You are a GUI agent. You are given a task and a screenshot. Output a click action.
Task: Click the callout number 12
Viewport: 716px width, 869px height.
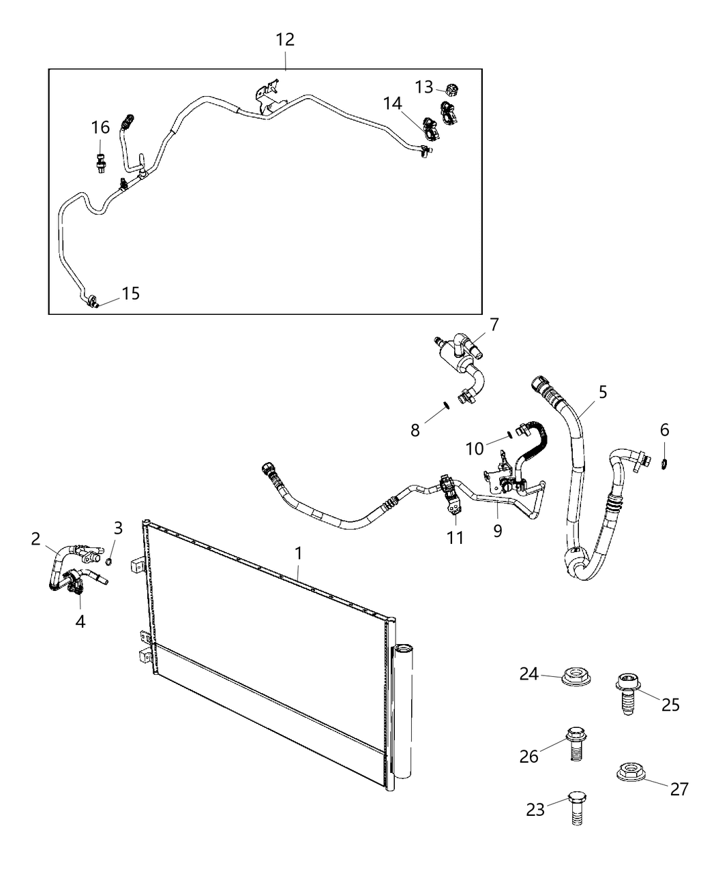285,40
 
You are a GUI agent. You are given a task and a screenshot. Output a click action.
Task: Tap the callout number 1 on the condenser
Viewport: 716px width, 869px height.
298,553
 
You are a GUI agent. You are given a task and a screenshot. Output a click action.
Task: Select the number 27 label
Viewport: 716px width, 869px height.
679,789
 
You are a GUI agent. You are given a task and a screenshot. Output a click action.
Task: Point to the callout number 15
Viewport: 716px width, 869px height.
130,293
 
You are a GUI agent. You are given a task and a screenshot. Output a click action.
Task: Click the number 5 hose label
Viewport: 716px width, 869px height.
602,392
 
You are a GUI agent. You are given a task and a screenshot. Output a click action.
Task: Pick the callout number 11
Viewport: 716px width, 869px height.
455,538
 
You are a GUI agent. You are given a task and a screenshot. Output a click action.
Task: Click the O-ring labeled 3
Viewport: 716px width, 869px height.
110,562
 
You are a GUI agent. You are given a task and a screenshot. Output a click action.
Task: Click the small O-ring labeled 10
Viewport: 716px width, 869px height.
509,433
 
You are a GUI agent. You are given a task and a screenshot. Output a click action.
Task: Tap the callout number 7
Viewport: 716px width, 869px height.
494,324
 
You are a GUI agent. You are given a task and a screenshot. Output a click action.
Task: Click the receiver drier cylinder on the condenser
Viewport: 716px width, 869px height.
403,716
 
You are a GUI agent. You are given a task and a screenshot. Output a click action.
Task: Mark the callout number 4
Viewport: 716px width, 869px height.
80,621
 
